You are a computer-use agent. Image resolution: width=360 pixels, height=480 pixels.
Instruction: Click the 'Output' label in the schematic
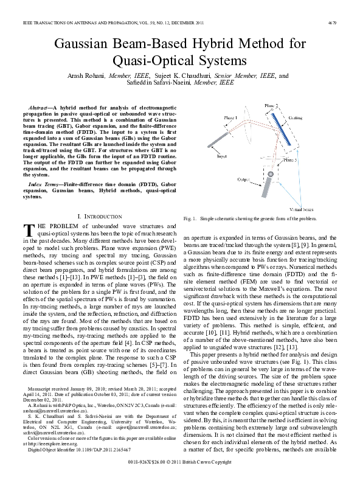[x=243, y=179]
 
